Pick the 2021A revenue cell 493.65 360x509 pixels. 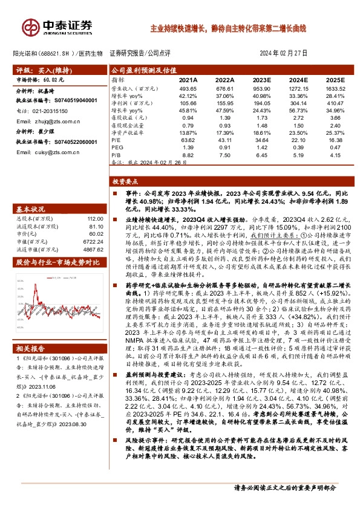pos(189,88)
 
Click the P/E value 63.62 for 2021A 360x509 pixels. pos(189,140)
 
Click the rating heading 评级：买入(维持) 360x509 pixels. pos(42,70)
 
